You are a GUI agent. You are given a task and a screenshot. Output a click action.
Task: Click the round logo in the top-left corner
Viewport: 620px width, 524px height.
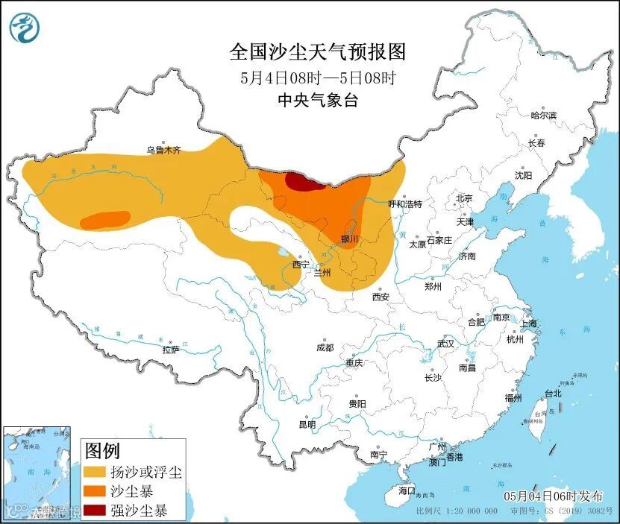point(24,28)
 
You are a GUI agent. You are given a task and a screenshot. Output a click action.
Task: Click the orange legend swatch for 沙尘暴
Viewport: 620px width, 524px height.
point(94,492)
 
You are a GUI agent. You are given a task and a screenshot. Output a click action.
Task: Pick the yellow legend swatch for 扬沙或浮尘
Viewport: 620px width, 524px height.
point(94,473)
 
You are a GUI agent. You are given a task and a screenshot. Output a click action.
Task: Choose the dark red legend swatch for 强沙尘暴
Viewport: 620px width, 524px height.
point(94,511)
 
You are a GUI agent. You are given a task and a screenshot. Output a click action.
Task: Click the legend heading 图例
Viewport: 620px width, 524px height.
point(102,451)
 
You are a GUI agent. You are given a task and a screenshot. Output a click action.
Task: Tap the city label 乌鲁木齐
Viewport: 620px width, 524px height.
point(163,150)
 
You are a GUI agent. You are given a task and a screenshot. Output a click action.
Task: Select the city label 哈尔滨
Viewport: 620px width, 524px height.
point(543,116)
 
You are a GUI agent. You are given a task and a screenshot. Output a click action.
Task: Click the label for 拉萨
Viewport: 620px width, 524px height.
point(171,349)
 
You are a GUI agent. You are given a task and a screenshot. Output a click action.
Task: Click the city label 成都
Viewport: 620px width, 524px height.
point(325,347)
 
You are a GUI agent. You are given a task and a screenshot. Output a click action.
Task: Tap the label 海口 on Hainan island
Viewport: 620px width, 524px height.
point(407,490)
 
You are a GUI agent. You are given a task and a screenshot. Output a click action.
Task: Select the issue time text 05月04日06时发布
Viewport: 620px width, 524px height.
point(551,496)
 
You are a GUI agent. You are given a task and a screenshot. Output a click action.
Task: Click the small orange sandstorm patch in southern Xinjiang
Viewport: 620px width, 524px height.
point(104,220)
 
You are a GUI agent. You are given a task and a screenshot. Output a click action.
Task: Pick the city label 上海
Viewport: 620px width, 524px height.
point(528,323)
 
